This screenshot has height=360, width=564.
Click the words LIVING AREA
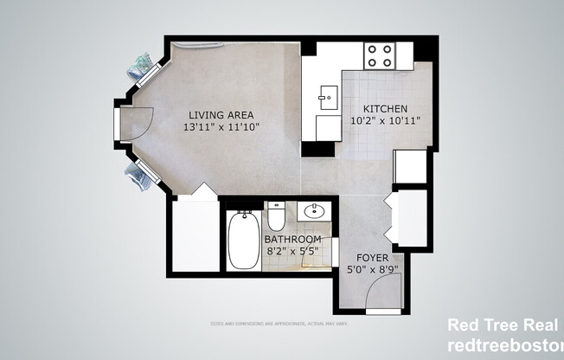[x=221, y=114]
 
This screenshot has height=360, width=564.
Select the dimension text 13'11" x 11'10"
[x=221, y=126]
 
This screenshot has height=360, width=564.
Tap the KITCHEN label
[x=384, y=108]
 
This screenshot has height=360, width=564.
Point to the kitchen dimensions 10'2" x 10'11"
[x=384, y=120]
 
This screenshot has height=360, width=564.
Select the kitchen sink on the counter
[x=328, y=94]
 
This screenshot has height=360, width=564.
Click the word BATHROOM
[x=292, y=239]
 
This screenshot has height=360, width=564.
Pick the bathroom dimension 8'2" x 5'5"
[x=292, y=251]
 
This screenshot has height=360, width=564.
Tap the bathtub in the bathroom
[x=240, y=240]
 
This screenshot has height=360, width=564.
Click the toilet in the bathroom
[x=277, y=215]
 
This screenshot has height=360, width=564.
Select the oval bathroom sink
[x=315, y=210]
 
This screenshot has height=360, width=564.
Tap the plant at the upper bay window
[x=142, y=65]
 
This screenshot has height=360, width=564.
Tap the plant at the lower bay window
[x=138, y=177]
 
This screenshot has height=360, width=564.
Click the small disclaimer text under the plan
[x=281, y=324]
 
